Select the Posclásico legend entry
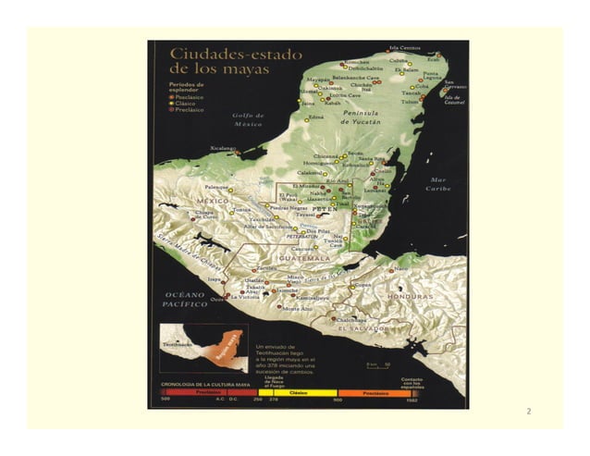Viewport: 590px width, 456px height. pyautogui.click(x=189, y=95)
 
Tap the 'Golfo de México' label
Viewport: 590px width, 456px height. pyautogui.click(x=248, y=118)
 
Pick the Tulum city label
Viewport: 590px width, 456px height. pyautogui.click(x=411, y=102)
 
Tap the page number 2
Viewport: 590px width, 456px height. pyautogui.click(x=528, y=410)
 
